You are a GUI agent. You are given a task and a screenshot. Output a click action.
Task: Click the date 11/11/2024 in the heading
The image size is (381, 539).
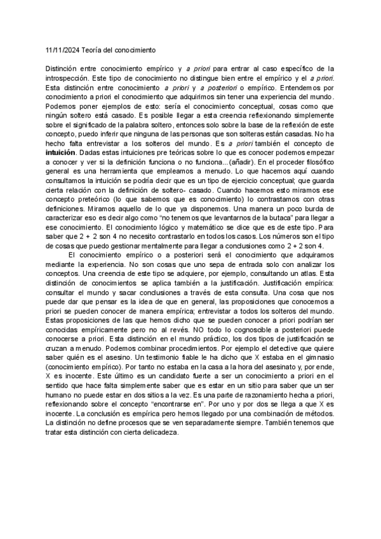tap(62, 49)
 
